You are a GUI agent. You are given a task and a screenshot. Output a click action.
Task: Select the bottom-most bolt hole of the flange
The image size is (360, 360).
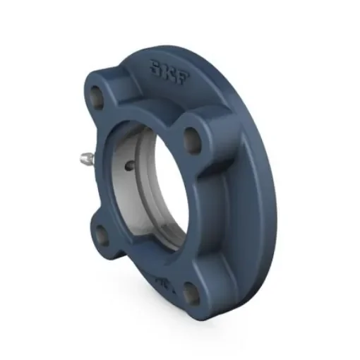point(190,293)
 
